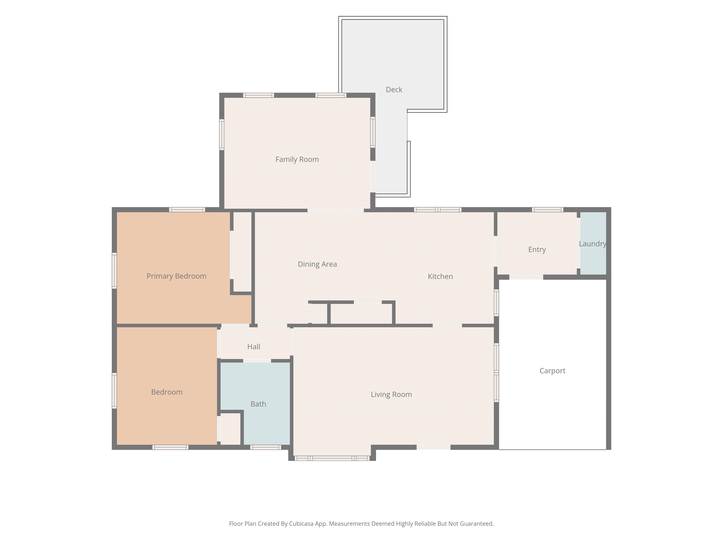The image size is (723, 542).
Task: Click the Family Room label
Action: pos(297,159)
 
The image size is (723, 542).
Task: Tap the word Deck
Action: pos(394,90)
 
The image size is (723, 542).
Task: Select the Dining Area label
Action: pos(317,264)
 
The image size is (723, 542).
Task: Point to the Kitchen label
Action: pos(440,276)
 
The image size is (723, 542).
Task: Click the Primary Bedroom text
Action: pos(177,276)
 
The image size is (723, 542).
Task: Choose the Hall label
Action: pos(254,347)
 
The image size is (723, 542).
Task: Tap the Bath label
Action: pos(258,404)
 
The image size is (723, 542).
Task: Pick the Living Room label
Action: pos(391,394)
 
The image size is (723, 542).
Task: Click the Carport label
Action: pos(552,371)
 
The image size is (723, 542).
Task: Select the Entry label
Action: pos(537,250)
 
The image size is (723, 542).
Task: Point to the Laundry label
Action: pos(593,244)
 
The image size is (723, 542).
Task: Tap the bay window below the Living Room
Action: pos(332,458)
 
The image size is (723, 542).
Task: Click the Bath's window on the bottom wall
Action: pos(266,447)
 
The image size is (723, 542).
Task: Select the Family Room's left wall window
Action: pos(222,135)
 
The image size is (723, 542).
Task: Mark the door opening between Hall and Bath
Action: pos(257,361)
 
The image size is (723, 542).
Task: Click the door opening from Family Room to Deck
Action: pos(373,177)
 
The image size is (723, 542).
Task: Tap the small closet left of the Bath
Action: pos(230,429)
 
